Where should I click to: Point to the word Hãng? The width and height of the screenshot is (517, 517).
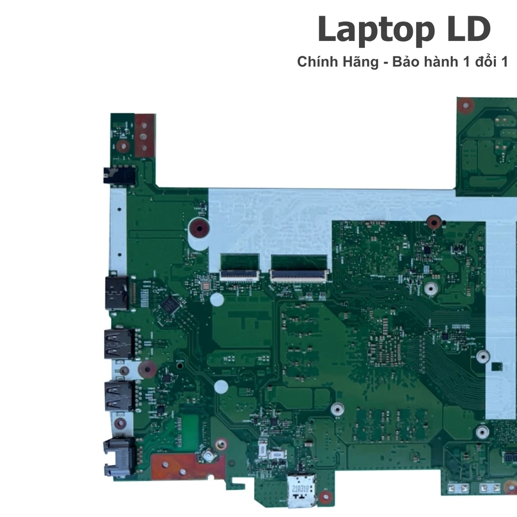tap(359, 62)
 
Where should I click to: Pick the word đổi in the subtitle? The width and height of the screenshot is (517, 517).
tap(482, 62)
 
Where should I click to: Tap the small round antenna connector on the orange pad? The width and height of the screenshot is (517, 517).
tap(207, 456)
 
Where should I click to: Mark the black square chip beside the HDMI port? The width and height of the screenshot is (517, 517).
tap(169, 304)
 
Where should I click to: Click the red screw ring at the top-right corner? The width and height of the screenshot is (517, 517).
tap(466, 106)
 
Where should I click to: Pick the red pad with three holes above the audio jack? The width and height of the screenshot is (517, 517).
tap(144, 134)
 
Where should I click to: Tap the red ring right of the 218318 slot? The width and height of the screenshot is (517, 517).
tap(326, 497)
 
